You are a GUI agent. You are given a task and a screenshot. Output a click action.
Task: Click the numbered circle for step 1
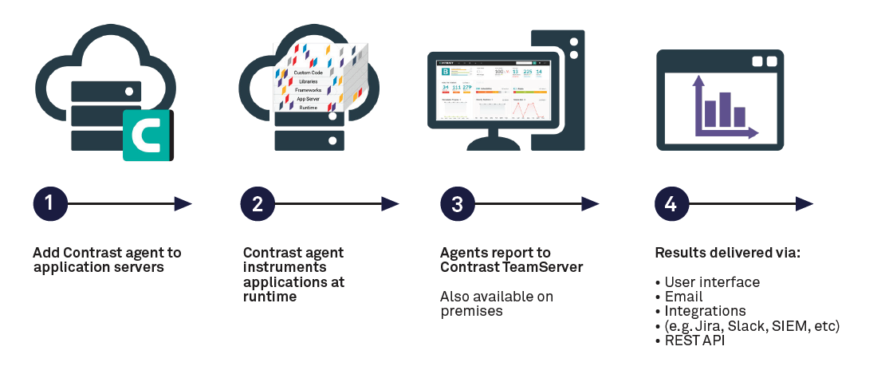[x=49, y=204]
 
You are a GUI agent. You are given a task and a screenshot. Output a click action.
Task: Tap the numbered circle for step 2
[x=257, y=204]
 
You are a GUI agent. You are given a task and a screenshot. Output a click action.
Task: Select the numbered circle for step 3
[x=457, y=204]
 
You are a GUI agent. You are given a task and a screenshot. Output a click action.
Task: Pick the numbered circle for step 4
[x=671, y=204]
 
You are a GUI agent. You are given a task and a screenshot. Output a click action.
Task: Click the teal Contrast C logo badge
[x=148, y=136]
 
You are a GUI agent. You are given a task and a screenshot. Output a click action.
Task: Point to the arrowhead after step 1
[x=183, y=204]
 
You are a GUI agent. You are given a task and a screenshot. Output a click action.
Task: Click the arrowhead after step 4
[x=804, y=204]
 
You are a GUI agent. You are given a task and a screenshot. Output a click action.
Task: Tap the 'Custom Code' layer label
[x=308, y=73]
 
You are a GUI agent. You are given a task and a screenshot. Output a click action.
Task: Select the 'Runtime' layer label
[x=309, y=107]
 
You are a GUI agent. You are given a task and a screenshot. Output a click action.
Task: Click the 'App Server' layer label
[x=308, y=99]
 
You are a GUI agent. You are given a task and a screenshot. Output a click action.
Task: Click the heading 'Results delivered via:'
[x=727, y=253]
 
